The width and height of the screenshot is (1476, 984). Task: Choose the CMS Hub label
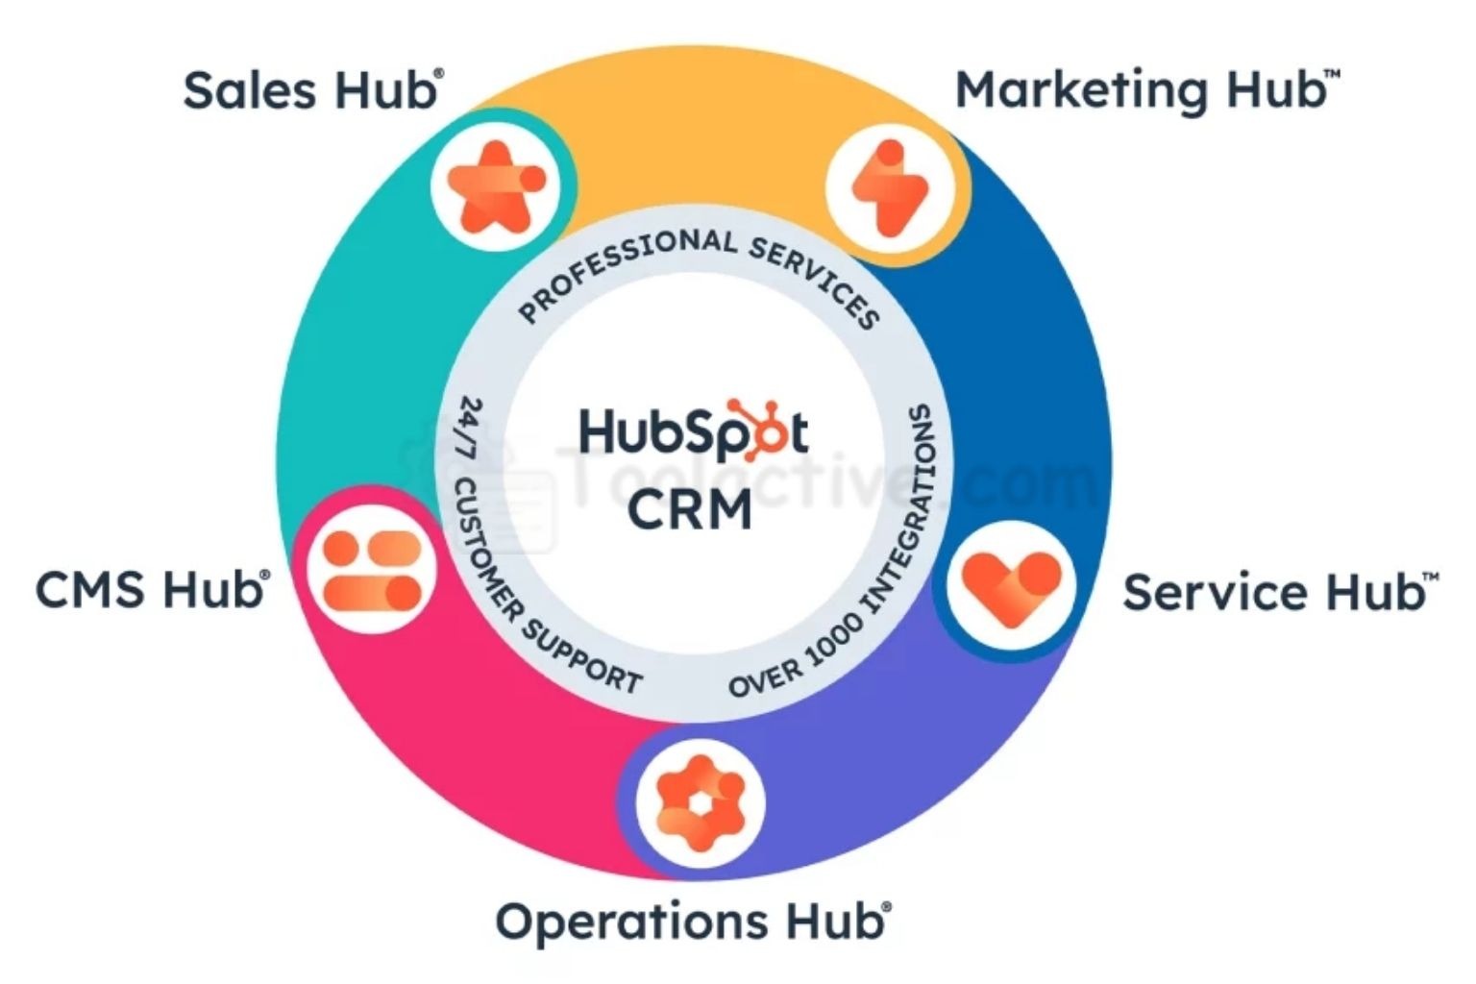coord(152,589)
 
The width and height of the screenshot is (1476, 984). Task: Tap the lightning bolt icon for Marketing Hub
coord(890,188)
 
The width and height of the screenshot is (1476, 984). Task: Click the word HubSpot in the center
coord(692,431)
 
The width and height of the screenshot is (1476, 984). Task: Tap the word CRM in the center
coord(689,509)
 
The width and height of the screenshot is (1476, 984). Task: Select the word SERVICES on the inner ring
coord(817,278)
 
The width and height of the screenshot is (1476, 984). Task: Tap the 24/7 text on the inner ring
coord(470,429)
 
